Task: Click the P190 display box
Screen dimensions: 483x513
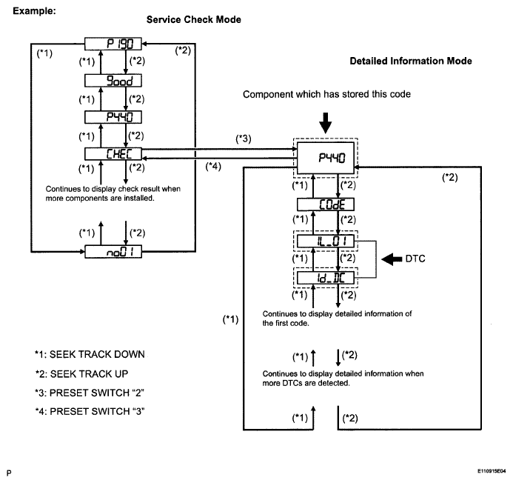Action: (x=113, y=44)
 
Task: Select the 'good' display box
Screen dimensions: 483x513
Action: (x=113, y=80)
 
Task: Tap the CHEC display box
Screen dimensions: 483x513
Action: (x=113, y=153)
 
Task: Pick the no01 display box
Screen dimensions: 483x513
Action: (x=113, y=253)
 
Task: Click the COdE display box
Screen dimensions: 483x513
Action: (x=326, y=204)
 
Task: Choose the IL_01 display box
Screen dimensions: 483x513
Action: (x=326, y=242)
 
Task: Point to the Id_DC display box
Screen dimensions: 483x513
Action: (x=326, y=279)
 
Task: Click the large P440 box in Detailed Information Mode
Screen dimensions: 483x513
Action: (x=326, y=159)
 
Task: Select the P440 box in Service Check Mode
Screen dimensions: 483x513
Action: (x=113, y=116)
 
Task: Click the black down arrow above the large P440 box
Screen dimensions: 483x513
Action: (x=326, y=121)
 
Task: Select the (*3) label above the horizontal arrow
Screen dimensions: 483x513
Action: (x=241, y=139)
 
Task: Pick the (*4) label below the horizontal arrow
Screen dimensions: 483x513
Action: (x=214, y=167)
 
